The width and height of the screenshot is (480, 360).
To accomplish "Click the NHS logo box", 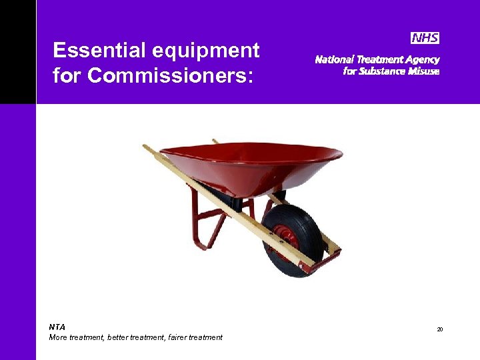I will pyautogui.click(x=425, y=38).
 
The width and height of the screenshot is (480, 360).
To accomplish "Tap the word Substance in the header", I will pyautogui.click(x=382, y=71).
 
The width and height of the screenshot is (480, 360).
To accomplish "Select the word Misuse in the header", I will pyautogui.click(x=424, y=71).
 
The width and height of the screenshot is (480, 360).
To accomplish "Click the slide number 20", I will pyautogui.click(x=440, y=330).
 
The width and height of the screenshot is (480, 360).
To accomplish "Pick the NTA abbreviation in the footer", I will pyautogui.click(x=57, y=327).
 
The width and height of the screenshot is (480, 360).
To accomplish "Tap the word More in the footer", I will pyautogui.click(x=59, y=337).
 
